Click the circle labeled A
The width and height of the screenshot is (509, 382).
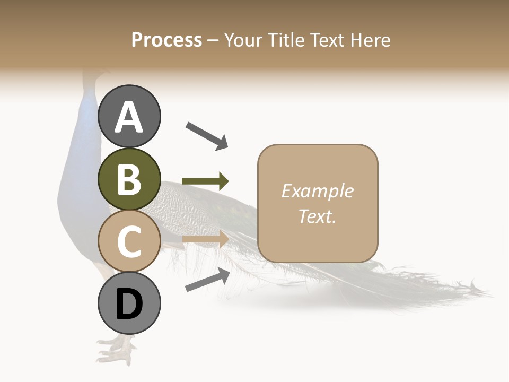pyautogui.click(x=129, y=116)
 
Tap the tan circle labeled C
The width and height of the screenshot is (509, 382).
pyautogui.click(x=129, y=241)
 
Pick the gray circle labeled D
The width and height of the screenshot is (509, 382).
pyautogui.click(x=129, y=303)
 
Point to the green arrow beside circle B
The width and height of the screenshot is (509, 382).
pyautogui.click(x=205, y=181)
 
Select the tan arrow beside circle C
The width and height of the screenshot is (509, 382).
pyautogui.click(x=205, y=239)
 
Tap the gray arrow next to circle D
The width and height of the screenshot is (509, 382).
pyautogui.click(x=207, y=280)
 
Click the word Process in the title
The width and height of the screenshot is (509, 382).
pyautogui.click(x=166, y=40)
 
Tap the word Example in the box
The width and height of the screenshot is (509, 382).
pyautogui.click(x=317, y=191)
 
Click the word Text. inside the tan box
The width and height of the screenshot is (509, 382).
pyautogui.click(x=317, y=216)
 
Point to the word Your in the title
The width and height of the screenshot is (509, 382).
pyautogui.click(x=242, y=40)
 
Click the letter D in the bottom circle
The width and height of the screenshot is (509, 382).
pyautogui.click(x=129, y=304)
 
